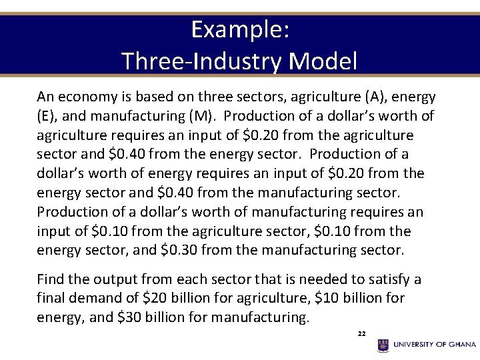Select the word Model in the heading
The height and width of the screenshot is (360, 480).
click(324, 61)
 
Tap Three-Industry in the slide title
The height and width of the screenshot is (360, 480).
click(203, 61)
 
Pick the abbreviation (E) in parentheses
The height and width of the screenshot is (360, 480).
click(49, 117)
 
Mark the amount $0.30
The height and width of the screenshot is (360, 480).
click(179, 251)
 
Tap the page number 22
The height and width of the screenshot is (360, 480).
click(361, 333)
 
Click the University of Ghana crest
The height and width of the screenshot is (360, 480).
click(383, 345)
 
